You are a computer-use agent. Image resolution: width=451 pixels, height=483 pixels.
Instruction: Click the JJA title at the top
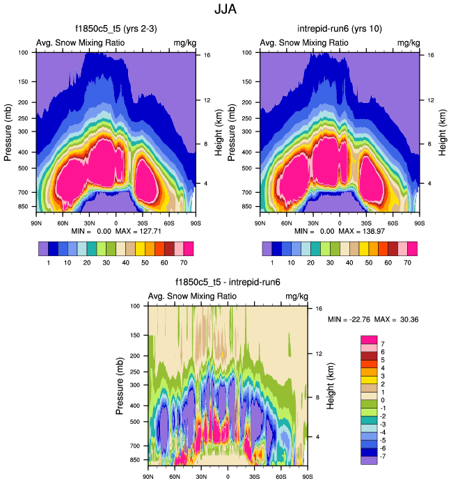(x=225, y=10)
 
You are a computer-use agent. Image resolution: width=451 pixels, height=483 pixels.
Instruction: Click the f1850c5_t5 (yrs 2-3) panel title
(x=115, y=29)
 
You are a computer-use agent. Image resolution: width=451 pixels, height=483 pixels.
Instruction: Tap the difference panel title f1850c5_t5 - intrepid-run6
(x=228, y=283)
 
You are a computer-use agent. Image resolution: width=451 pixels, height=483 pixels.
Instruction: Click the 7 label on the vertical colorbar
(x=382, y=344)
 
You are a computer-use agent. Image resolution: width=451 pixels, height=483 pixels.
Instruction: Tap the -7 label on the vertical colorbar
(x=383, y=452)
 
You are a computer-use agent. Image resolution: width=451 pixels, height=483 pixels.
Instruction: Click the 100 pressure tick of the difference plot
(x=135, y=306)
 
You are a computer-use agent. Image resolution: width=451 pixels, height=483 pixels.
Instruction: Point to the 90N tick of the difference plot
(x=148, y=476)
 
